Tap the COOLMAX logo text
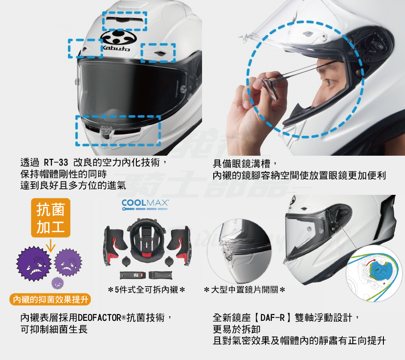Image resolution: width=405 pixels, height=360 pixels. click(x=145, y=203)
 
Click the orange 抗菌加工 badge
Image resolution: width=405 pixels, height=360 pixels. click(x=50, y=218)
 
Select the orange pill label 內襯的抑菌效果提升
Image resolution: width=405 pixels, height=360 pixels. click(x=50, y=300)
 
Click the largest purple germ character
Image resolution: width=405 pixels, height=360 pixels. click(x=34, y=264)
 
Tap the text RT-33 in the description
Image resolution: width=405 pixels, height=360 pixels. click(x=56, y=163)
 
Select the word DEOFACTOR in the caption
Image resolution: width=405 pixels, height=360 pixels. click(x=99, y=318)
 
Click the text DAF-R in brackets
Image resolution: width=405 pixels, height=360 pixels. click(x=272, y=317)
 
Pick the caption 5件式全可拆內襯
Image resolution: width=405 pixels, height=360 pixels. click(x=146, y=290)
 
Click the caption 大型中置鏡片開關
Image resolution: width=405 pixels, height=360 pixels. click(x=244, y=290)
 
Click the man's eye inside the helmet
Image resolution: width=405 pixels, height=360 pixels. click(x=331, y=82)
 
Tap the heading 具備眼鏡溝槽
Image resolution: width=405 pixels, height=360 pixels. click(x=242, y=164)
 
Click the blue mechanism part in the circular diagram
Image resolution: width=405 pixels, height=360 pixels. click(x=380, y=269)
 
